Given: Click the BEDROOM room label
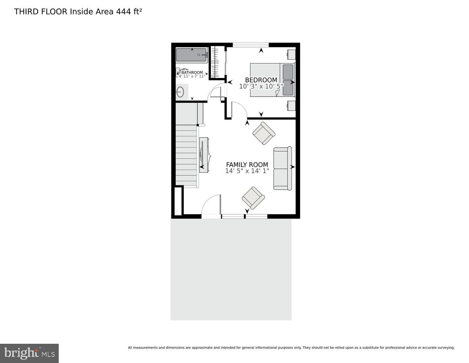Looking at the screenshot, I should pyautogui.click(x=261, y=80).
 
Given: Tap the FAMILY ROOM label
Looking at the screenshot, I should pyautogui.click(x=247, y=164).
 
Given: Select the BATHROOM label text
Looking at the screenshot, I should pyautogui.click(x=192, y=73).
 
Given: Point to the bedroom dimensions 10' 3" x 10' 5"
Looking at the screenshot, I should pyautogui.click(x=261, y=86).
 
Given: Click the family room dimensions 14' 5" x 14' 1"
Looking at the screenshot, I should pyautogui.click(x=247, y=171).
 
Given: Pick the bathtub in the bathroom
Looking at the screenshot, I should pyautogui.click(x=191, y=55).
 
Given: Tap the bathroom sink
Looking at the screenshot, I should pyautogui.click(x=180, y=92).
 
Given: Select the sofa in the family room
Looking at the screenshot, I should pyautogui.click(x=283, y=168).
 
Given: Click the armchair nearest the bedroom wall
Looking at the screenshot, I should pyautogui.click(x=263, y=133).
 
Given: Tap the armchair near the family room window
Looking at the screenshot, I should pyautogui.click(x=253, y=197).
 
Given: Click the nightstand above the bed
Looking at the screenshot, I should pyautogui.click(x=291, y=54).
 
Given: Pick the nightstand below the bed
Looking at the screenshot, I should pyautogui.click(x=291, y=106).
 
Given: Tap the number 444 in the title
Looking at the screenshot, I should pyautogui.click(x=123, y=12).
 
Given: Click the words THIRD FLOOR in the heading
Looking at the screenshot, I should pyautogui.click(x=41, y=12).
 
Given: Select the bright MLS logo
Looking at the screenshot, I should pyautogui.click(x=29, y=353).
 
